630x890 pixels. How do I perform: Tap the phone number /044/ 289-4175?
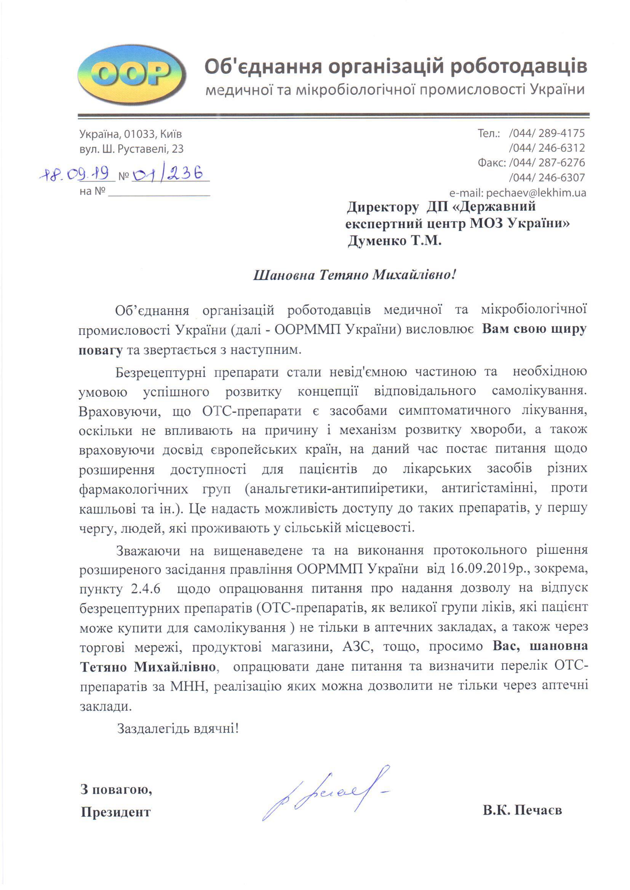(x=547, y=133)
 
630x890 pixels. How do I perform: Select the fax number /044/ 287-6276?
(x=547, y=163)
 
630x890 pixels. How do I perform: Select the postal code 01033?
(x=138, y=134)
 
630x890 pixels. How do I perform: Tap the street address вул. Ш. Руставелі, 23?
(x=131, y=149)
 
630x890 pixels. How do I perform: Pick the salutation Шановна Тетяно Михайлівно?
(x=354, y=275)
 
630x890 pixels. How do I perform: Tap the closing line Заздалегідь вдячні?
(x=178, y=728)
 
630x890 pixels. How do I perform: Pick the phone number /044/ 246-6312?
(x=547, y=148)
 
